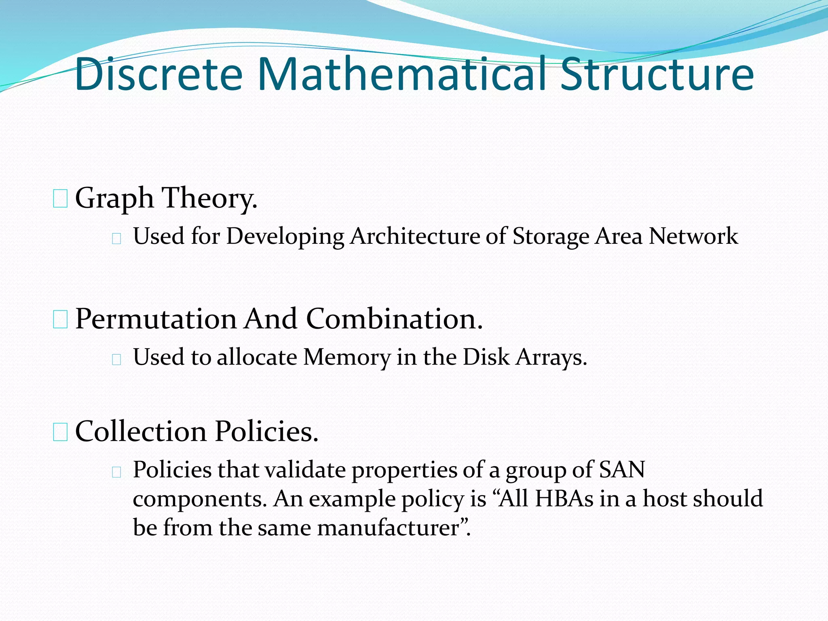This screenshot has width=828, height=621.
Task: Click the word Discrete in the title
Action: [158, 74]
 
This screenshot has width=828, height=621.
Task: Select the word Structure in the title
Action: [657, 74]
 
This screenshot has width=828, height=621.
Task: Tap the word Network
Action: [693, 236]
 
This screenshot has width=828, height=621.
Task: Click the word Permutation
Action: [156, 319]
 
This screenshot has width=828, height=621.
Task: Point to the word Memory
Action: [347, 357]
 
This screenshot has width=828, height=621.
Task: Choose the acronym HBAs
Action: [564, 499]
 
